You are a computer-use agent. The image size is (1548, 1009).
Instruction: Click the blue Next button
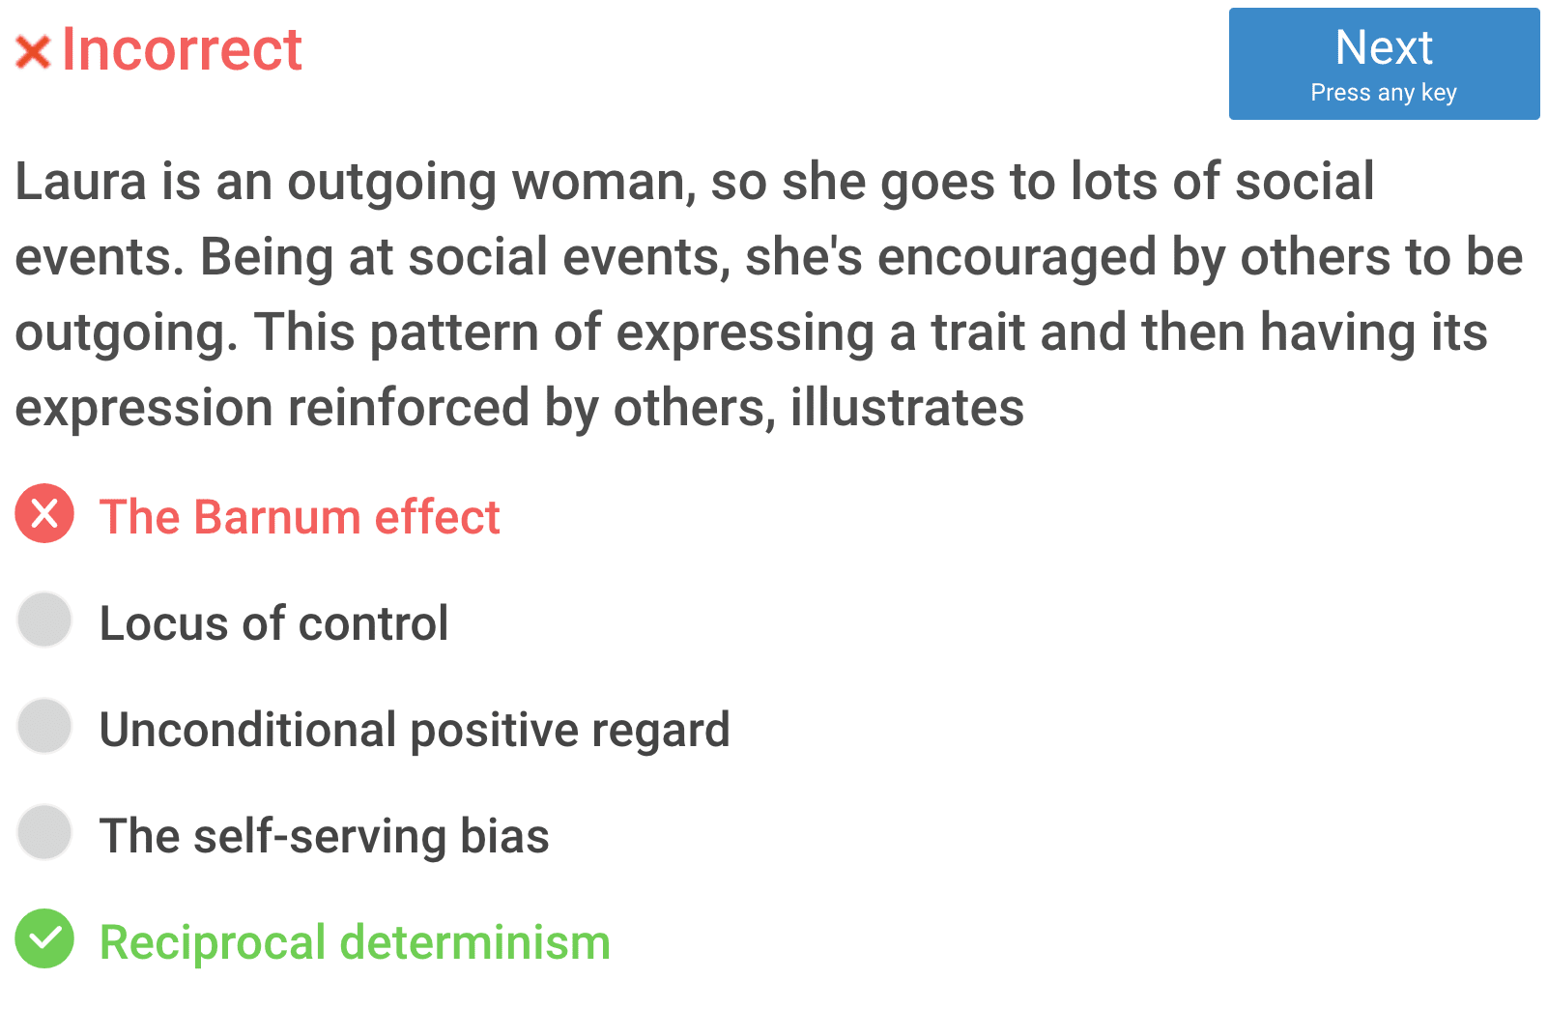tap(1384, 64)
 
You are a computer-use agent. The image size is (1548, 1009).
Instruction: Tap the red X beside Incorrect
tap(33, 52)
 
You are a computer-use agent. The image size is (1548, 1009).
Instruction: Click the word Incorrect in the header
tap(182, 49)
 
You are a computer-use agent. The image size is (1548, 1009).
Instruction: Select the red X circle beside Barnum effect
tap(44, 513)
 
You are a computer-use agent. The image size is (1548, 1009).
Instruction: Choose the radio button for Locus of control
tap(44, 620)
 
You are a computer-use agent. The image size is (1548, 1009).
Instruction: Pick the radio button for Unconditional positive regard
tap(44, 726)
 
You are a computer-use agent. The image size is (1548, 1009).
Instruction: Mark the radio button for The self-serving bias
tap(44, 832)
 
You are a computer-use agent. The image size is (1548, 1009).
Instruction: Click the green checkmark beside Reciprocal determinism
tap(44, 938)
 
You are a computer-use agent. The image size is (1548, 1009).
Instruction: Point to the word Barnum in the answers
tap(277, 516)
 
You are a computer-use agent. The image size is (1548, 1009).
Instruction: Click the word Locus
tap(163, 622)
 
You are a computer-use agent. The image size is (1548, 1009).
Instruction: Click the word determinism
tap(475, 942)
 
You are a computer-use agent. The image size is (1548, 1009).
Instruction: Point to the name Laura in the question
tap(81, 182)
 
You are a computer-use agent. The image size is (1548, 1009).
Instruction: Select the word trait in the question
tap(978, 332)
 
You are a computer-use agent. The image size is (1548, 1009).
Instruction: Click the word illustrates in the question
tap(907, 407)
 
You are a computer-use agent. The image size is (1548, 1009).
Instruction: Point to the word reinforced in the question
tap(409, 407)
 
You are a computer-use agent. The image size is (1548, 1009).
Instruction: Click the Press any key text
tap(1384, 93)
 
